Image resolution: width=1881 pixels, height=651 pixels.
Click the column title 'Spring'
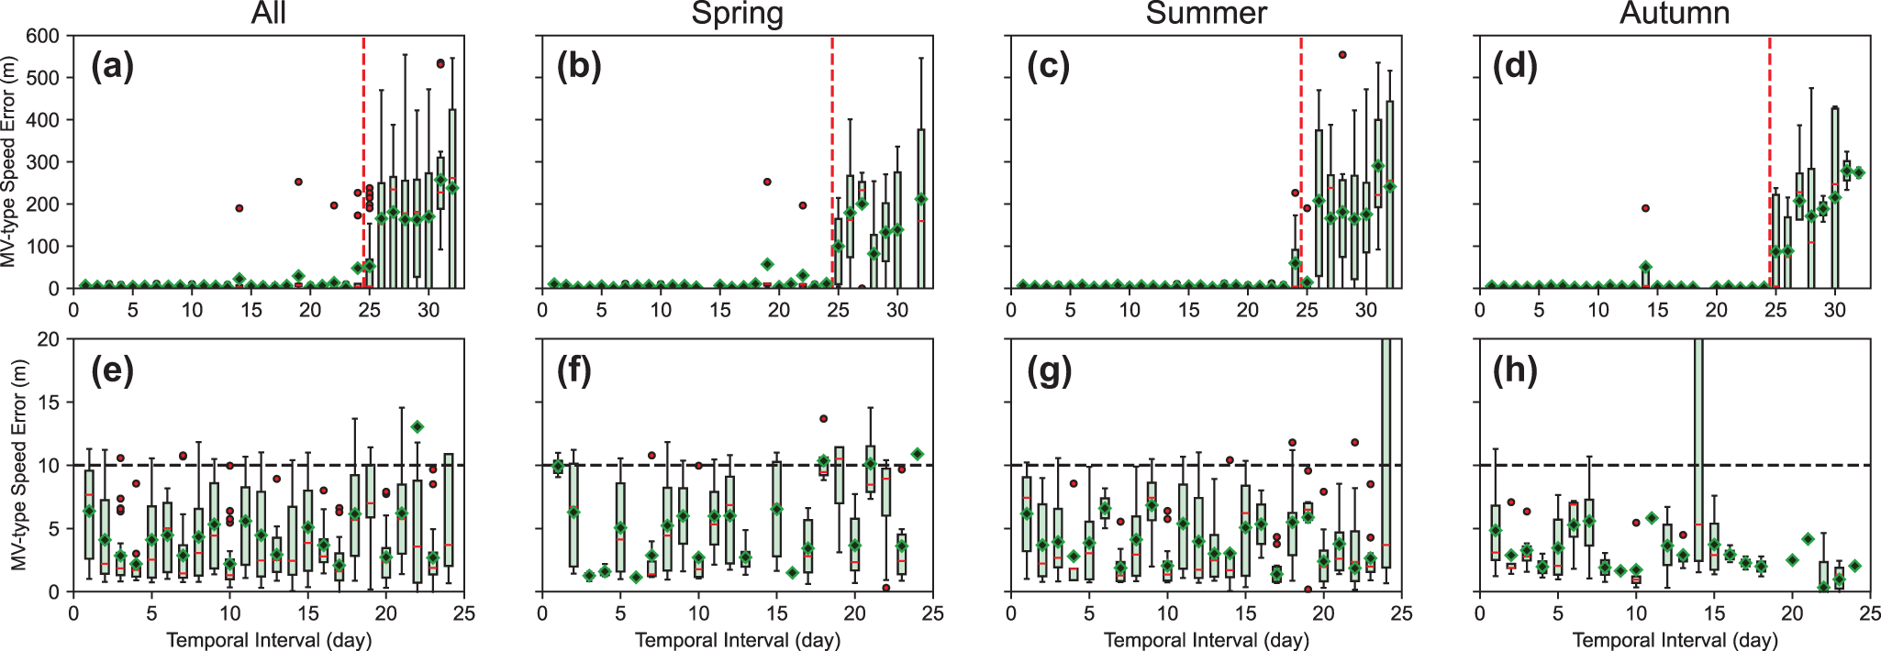point(737,14)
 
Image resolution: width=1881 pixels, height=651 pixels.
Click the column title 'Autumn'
point(1675,14)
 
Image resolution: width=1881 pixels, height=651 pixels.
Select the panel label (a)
point(112,67)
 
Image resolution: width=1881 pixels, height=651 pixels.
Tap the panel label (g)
point(1049,370)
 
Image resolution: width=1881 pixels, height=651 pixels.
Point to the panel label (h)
point(1516,370)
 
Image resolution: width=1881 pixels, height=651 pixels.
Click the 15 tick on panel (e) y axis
point(48,403)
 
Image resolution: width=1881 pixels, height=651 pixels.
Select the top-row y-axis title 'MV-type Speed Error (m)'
point(10,161)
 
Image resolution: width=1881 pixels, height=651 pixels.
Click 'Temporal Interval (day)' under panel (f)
point(737,640)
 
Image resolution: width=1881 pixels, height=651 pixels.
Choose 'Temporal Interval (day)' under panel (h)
point(1675,640)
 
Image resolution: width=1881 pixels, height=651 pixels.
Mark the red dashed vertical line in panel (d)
point(1770,138)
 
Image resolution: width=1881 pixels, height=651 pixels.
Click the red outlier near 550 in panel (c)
point(1342,55)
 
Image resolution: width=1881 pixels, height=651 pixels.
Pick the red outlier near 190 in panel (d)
point(1645,208)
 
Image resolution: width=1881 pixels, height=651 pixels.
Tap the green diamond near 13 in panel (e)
point(417,427)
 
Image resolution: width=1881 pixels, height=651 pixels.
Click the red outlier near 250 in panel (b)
point(767,182)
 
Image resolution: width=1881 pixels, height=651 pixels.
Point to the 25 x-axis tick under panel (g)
point(1401,612)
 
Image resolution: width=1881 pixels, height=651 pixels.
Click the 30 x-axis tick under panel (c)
point(1365,310)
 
